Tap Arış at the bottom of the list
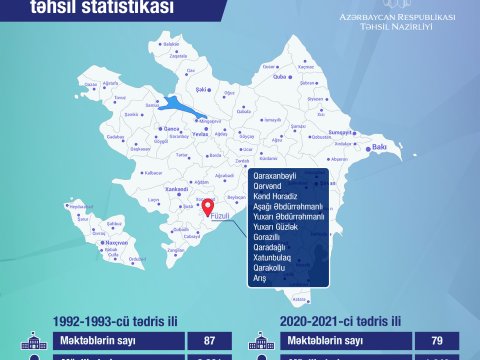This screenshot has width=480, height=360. click(x=262, y=279)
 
